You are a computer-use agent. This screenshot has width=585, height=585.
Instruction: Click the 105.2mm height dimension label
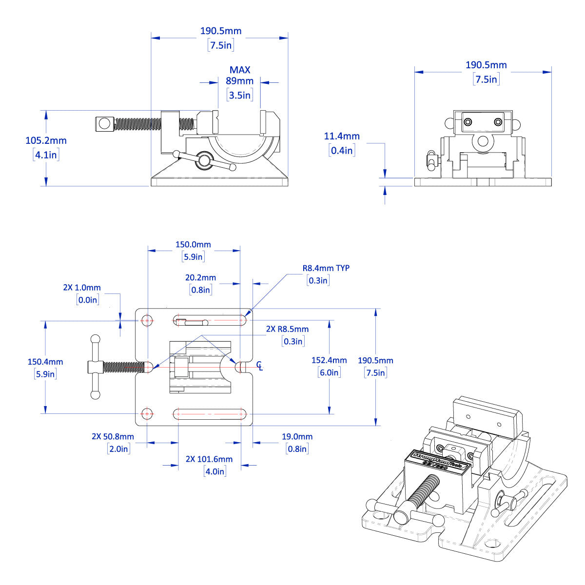[x=46, y=141]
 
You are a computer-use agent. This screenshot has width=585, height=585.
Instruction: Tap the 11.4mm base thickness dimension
[x=342, y=136]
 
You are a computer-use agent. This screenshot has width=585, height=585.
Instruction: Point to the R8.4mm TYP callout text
[x=326, y=268]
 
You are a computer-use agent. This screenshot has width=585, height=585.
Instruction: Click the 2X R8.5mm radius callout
[x=287, y=329]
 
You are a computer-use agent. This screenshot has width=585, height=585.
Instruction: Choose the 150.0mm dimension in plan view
[x=193, y=245]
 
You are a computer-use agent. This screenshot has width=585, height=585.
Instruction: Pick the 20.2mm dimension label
[x=200, y=278]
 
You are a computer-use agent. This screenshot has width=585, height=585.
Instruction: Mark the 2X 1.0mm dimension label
[x=82, y=288]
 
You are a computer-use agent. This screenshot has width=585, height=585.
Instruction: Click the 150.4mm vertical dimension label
[x=45, y=362]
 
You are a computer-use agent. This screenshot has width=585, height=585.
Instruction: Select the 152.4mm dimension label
[x=329, y=360]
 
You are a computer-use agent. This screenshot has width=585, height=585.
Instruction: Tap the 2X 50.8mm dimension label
[x=113, y=437]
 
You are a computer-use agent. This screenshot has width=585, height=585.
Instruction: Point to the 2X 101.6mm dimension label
[x=209, y=459]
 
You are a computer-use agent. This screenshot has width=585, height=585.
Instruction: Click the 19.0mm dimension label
[x=297, y=437]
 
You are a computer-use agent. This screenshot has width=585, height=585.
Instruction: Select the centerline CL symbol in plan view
[x=260, y=366]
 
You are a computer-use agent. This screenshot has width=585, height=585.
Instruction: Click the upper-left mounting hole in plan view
[x=147, y=320]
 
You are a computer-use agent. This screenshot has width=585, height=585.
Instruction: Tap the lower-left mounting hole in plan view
[x=147, y=413]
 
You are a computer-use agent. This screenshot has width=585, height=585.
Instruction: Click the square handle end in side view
[x=104, y=123]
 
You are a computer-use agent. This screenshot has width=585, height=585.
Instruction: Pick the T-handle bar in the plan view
[x=95, y=367]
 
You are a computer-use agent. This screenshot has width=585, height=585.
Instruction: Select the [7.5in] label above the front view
[x=486, y=79]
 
